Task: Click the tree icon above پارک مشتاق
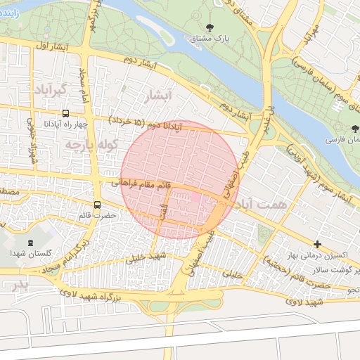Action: (209, 27)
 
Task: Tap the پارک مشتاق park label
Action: (209, 38)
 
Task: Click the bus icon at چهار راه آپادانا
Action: (65, 113)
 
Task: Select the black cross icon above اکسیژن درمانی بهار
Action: (318, 245)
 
